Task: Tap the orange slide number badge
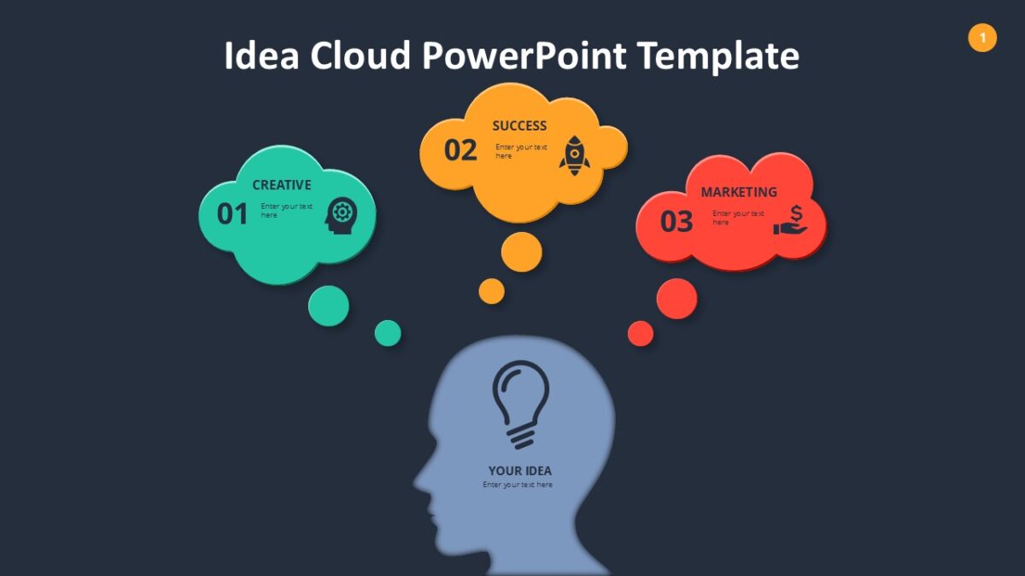(982, 38)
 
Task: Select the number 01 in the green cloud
(232, 213)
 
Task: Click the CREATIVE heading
(282, 184)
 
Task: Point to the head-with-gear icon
(341, 215)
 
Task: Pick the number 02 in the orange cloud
(460, 150)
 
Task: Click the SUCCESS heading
(519, 125)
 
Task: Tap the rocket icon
(575, 155)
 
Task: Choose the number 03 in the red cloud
(676, 222)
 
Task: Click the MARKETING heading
(739, 192)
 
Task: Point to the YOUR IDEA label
(519, 470)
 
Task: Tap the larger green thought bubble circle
(329, 305)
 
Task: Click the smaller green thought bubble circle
(388, 333)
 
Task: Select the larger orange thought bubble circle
(522, 252)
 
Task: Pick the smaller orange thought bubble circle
(491, 291)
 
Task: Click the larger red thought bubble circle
(676, 299)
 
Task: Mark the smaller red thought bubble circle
(641, 334)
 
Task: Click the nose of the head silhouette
(418, 485)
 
